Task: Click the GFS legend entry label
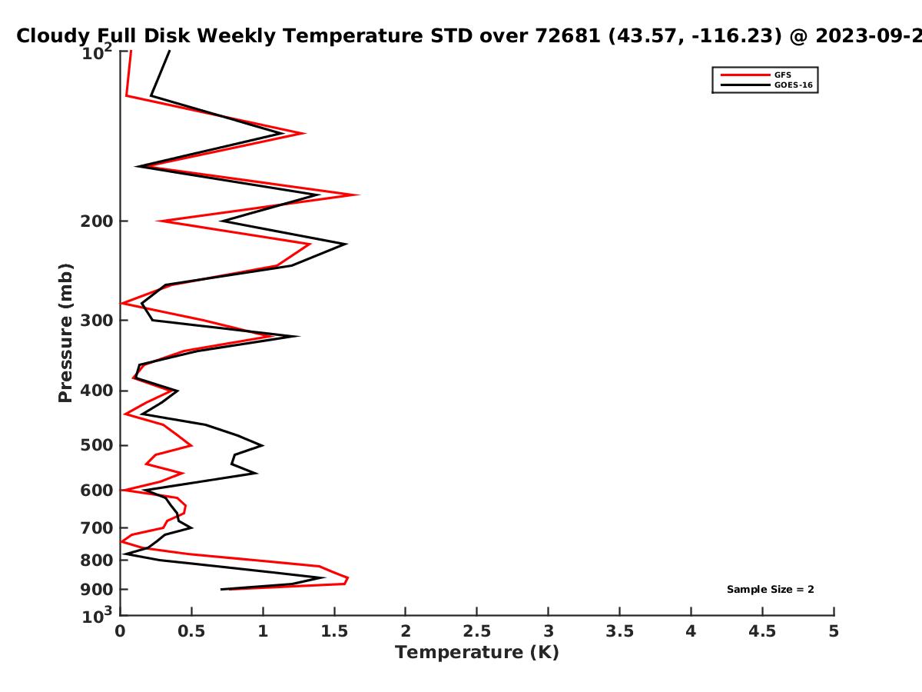point(782,75)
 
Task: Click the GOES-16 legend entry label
point(794,85)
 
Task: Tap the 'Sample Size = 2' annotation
point(771,590)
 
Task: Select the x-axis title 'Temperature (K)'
point(477,653)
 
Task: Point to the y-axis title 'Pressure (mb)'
point(65,333)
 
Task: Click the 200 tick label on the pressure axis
point(97,221)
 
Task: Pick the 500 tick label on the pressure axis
point(97,445)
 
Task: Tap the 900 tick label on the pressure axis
point(97,590)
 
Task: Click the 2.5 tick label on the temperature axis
point(477,631)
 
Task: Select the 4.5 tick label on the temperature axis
point(762,631)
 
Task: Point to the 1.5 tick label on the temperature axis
point(334,631)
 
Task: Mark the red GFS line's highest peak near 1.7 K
point(359,195)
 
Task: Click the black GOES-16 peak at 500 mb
point(263,445)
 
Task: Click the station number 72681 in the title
point(568,36)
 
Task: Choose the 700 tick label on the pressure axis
point(97,528)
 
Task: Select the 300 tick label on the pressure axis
point(97,321)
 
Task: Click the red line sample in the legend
point(745,75)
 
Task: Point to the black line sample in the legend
point(745,85)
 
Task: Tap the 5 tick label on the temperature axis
point(834,631)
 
